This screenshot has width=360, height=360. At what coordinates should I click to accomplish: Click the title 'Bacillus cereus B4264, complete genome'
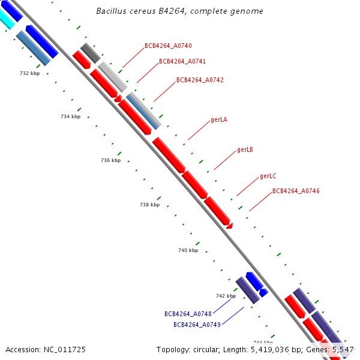coord(179,11)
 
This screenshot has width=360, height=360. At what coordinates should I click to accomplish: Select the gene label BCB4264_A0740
coord(168,46)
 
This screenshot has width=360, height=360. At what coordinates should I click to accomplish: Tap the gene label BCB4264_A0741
coord(182,61)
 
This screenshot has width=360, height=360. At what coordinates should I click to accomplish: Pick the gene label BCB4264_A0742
coord(200,80)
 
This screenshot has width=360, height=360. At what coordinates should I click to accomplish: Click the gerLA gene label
coord(219,119)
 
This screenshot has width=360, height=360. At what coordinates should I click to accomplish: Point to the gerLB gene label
coord(245,149)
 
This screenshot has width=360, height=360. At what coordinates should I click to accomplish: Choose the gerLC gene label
coord(268,176)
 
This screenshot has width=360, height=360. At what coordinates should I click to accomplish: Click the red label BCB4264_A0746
coord(296,191)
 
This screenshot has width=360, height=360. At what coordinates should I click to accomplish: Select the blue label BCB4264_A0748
coord(188,314)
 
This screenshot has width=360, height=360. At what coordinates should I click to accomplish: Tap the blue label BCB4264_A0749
coord(197,325)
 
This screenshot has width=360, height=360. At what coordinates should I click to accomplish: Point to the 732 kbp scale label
coord(30,73)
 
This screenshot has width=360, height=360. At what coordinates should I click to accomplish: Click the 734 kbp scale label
coord(70,116)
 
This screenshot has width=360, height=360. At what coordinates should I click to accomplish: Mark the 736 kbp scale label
coord(110,160)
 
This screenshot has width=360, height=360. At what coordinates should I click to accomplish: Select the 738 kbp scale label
coord(149,205)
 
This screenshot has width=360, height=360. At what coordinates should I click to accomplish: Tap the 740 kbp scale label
coord(188,250)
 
